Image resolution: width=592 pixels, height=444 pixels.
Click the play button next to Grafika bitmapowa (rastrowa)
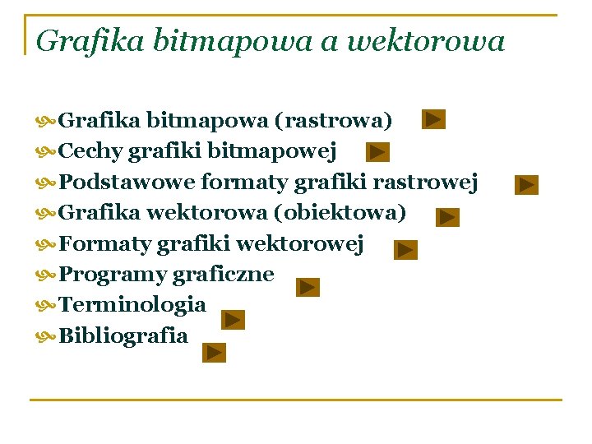coord(434,120)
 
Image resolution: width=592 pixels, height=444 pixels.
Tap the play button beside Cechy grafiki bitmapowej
coord(377,152)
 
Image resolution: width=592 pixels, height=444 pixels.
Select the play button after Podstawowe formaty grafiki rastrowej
coord(527,185)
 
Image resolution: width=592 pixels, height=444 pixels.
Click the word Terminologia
coord(132,304)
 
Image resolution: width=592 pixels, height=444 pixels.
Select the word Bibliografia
coord(123,335)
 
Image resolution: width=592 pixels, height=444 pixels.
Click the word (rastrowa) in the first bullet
coord(333,121)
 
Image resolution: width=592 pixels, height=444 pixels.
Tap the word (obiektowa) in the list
coord(340,213)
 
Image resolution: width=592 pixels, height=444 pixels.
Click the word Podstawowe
coord(127,181)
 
